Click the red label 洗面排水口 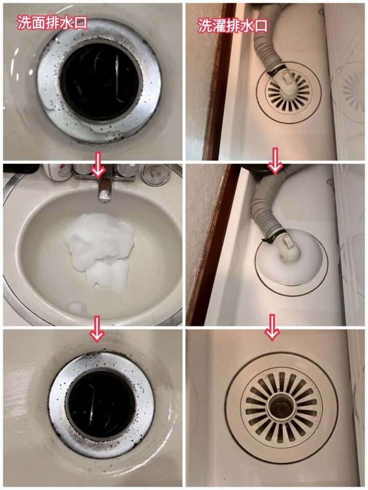pyautogui.click(x=52, y=23)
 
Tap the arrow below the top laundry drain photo pyautogui.click(x=275, y=161)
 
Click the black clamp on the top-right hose pyautogui.click(x=277, y=70)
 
